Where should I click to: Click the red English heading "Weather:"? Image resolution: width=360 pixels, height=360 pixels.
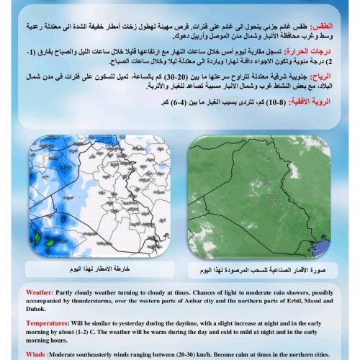tap(40, 293)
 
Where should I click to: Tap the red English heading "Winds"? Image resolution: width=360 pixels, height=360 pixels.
tap(37, 354)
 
